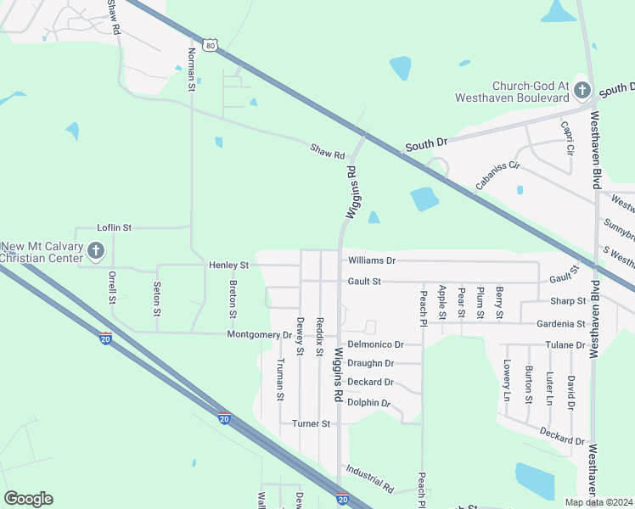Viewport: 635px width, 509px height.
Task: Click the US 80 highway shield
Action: pyautogui.click(x=211, y=44)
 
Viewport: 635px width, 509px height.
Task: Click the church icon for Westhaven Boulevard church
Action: pyautogui.click(x=582, y=89)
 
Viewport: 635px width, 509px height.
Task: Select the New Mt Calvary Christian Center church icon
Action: pyautogui.click(x=95, y=250)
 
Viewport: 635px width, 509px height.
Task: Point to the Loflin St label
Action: pyautogui.click(x=115, y=227)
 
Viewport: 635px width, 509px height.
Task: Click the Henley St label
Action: pyautogui.click(x=228, y=266)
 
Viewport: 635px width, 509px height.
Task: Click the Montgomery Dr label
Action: pyautogui.click(x=259, y=334)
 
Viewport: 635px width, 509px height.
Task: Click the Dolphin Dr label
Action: pyautogui.click(x=368, y=403)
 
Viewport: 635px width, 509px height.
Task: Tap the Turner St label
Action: pyautogui.click(x=310, y=423)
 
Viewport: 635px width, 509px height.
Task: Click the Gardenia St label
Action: pyautogui.click(x=560, y=324)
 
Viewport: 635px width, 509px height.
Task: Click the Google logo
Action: pyautogui.click(x=29, y=499)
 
